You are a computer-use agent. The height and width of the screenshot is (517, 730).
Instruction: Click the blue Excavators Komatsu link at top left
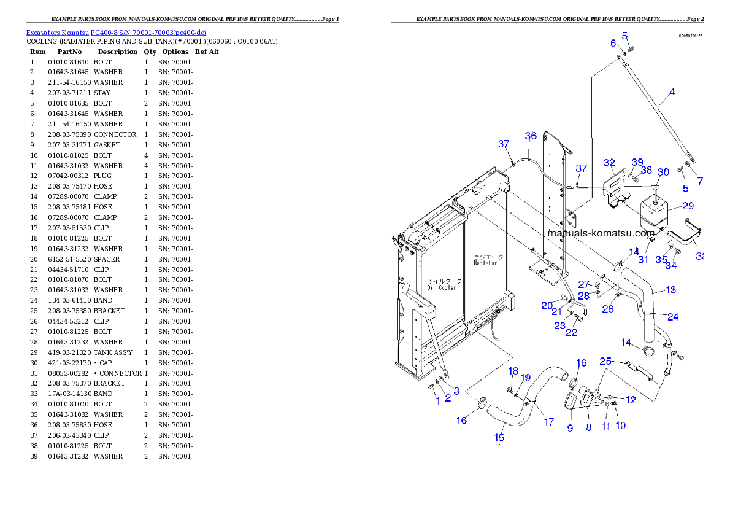point(116,32)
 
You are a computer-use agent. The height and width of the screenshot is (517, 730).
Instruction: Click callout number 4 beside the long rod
point(672,92)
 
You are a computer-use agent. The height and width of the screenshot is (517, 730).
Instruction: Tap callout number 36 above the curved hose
point(531,136)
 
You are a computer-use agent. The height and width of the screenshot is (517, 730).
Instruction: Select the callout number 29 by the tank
point(688,206)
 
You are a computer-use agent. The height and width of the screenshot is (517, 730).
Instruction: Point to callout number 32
point(609,163)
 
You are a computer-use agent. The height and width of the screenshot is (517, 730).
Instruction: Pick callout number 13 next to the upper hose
point(670,290)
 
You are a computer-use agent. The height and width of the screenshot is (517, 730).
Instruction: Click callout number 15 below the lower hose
point(499,437)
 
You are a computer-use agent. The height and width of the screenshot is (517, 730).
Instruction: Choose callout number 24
point(673,317)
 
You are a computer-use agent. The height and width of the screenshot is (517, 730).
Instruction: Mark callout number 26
point(607,309)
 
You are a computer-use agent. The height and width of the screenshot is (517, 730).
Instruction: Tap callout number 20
point(547,306)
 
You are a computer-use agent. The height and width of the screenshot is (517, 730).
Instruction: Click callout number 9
point(570,428)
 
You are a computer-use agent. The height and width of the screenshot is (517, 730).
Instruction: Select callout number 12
point(631,400)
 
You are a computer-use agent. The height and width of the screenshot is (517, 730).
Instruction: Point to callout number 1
point(437,401)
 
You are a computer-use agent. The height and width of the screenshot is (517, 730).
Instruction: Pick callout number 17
point(548,422)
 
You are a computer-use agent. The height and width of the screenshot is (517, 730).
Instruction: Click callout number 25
point(605,361)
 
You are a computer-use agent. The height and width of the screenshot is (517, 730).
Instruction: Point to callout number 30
point(663,172)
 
